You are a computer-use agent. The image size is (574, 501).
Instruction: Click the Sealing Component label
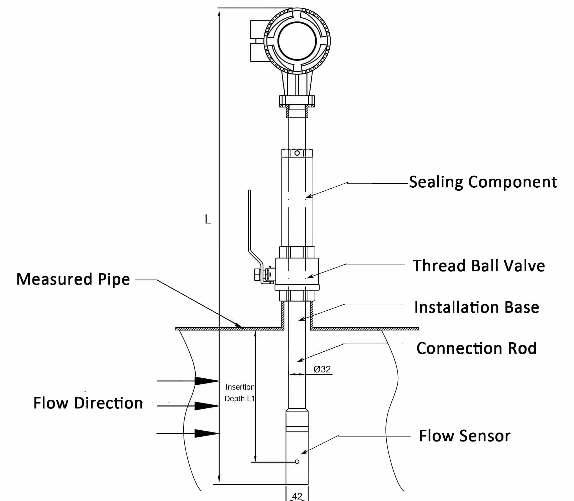click(x=483, y=182)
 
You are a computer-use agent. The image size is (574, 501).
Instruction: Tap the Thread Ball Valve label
click(x=479, y=266)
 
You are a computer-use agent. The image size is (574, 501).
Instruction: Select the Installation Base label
click(x=477, y=307)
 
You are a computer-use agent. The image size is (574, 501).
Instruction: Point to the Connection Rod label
click(x=476, y=348)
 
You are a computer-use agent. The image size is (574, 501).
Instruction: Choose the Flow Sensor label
click(x=465, y=436)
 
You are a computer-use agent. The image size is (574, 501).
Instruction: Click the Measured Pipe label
click(x=73, y=280)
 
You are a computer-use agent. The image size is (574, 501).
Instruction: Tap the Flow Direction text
click(x=88, y=403)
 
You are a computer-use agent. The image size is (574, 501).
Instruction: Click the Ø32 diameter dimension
click(x=322, y=369)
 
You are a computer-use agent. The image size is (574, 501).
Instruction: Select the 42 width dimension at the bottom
click(x=297, y=496)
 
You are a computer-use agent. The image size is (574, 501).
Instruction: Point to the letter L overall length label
click(x=208, y=220)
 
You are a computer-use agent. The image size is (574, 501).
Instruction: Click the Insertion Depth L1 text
click(x=240, y=393)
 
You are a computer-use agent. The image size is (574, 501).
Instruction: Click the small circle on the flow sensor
click(x=297, y=462)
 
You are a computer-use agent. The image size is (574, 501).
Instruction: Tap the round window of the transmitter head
click(x=297, y=41)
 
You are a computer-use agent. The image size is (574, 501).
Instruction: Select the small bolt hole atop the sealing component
click(x=297, y=153)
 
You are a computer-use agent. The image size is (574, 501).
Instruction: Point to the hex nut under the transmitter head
click(x=297, y=101)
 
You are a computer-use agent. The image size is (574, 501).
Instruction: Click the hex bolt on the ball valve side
click(x=258, y=275)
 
